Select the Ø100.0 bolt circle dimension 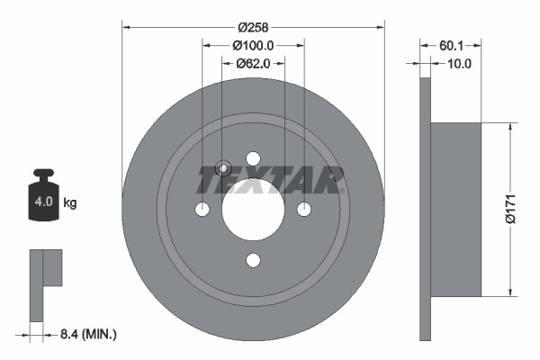tap(253, 44)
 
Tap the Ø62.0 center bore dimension tap(254, 63)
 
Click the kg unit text tap(70, 203)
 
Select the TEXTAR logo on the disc tap(271, 178)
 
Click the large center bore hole tap(253, 209)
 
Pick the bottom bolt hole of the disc tap(253, 260)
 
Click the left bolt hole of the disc tap(202, 209)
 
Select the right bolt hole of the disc tap(304, 209)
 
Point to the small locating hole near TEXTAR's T tap(223, 166)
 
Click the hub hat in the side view tap(456, 209)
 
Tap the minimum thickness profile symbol tap(43, 281)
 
